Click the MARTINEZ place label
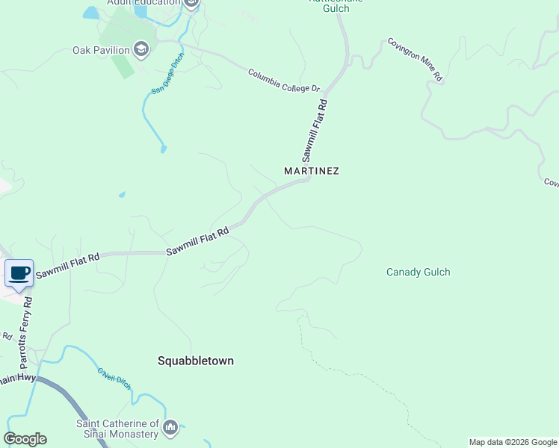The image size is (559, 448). (x=312, y=171)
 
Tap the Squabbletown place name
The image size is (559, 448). (x=196, y=361)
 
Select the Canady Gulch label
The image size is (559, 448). (x=418, y=272)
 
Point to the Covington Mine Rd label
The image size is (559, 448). (x=416, y=60)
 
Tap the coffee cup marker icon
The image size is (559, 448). (x=19, y=273)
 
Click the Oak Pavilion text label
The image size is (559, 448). (x=101, y=51)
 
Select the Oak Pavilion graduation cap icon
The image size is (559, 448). (x=140, y=51)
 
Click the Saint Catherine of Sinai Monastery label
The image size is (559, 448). (x=117, y=429)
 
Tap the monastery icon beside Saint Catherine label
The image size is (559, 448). (x=171, y=428)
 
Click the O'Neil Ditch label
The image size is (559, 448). (x=114, y=379)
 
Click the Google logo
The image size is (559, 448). (x=25, y=439)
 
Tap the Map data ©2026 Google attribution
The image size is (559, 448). (x=513, y=442)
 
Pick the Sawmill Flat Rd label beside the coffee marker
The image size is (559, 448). (x=67, y=266)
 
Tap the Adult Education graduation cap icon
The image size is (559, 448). (x=191, y=3)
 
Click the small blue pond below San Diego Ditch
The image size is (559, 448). (x=163, y=149)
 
